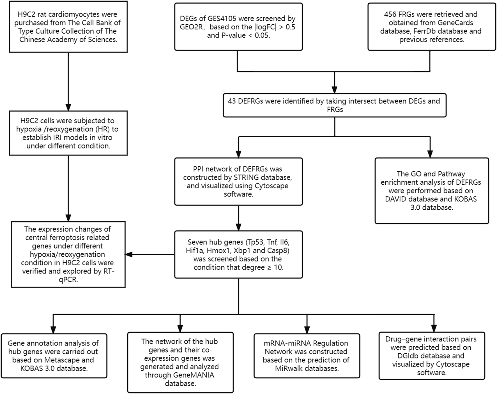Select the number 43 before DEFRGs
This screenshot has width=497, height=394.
tap(232, 101)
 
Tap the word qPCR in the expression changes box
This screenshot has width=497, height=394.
tap(68, 280)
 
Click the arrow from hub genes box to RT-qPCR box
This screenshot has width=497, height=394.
tap(150, 254)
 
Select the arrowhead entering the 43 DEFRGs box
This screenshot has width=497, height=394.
tap(334, 90)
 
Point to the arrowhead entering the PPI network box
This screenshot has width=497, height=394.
tap(238, 154)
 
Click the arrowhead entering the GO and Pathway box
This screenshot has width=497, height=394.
tap(430, 154)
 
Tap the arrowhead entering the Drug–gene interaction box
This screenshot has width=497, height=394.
tap(434, 328)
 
